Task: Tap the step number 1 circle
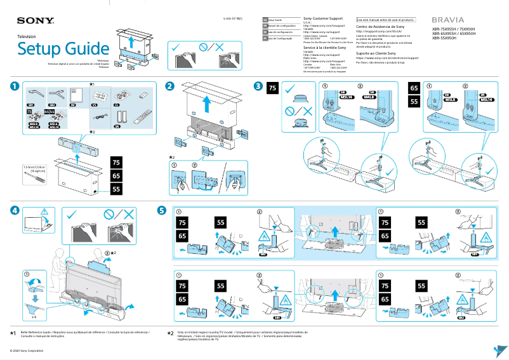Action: (14, 86)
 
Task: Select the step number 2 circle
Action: (169, 86)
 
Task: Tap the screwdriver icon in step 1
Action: (34, 180)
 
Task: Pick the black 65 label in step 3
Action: (414, 89)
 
